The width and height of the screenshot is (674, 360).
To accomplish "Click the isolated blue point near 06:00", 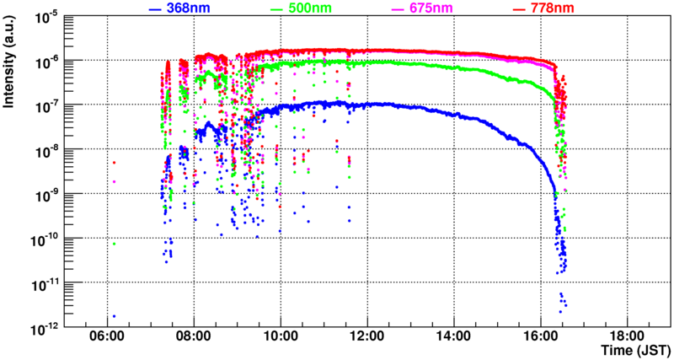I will [114, 316].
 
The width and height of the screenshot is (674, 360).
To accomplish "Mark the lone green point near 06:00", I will [114, 244].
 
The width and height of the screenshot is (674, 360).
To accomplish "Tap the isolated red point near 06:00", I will [114, 163].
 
